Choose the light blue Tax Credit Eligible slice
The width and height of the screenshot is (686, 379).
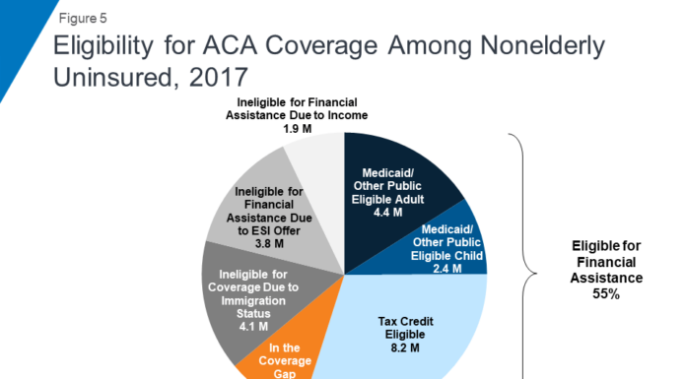coord(414,335)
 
